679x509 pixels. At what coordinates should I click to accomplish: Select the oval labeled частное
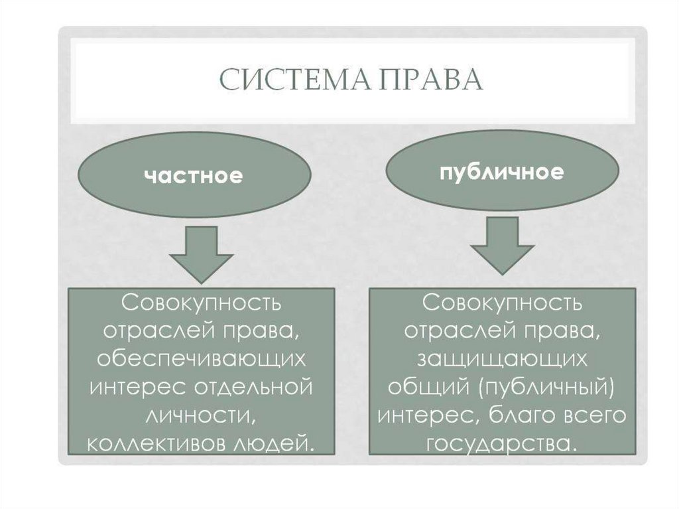[192, 176]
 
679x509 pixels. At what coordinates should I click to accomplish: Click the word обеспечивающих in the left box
[200, 358]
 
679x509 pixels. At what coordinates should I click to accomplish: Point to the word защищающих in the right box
[502, 358]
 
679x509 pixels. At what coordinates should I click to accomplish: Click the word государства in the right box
[502, 442]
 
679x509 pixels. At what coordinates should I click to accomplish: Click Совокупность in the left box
[200, 303]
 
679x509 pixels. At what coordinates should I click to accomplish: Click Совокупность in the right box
[502, 303]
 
